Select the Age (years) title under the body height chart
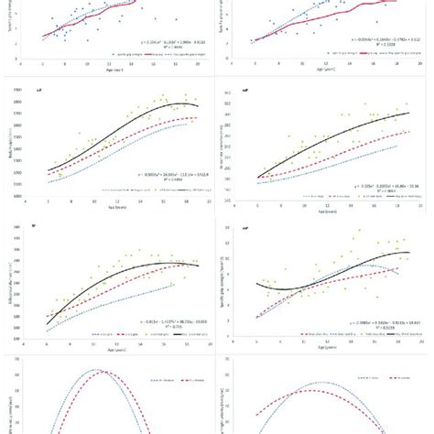(114, 209)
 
